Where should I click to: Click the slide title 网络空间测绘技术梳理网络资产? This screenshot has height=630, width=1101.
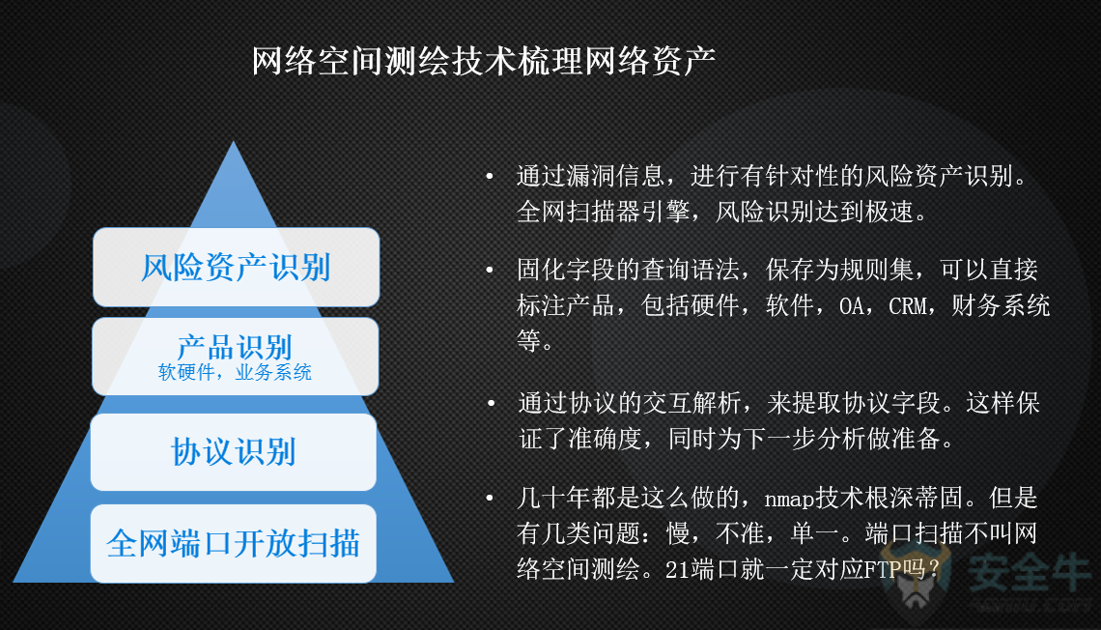click(x=483, y=61)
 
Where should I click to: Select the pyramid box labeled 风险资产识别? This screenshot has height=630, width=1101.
click(x=236, y=267)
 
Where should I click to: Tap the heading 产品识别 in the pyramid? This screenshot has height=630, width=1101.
click(x=235, y=347)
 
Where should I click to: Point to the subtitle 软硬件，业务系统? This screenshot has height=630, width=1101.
click(x=235, y=372)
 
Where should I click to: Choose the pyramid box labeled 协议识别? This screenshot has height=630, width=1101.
click(x=233, y=451)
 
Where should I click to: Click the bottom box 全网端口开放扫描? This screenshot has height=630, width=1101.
click(x=233, y=543)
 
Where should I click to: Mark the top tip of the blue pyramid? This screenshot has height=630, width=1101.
click(x=234, y=142)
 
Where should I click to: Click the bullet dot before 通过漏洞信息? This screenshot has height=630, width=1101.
click(x=490, y=176)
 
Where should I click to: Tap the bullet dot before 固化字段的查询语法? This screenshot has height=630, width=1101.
click(x=490, y=270)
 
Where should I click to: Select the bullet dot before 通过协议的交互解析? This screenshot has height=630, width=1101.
click(x=491, y=403)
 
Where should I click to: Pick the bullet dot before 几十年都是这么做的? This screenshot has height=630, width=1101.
click(x=490, y=498)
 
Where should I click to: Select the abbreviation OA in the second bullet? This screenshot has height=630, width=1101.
click(x=851, y=306)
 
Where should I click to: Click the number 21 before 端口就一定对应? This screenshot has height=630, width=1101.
click(x=677, y=569)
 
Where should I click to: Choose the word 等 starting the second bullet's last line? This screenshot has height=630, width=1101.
click(x=528, y=341)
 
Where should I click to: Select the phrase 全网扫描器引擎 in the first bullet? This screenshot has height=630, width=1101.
click(x=604, y=211)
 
